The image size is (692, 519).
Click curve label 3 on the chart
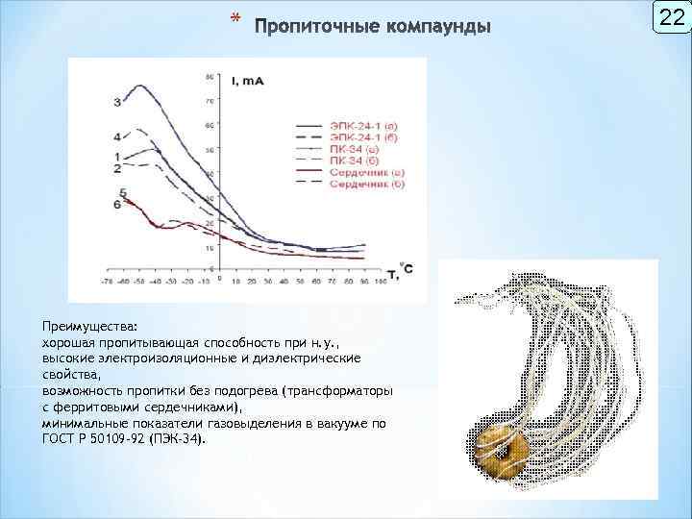[x=117, y=101]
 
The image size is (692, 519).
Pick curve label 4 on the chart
[x=117, y=137]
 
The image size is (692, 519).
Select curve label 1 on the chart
[x=117, y=156]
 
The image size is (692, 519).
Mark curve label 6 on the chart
[x=117, y=204]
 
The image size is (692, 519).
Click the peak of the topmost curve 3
[x=141, y=86]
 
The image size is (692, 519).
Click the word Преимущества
[x=89, y=326]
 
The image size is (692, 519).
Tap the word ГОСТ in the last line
[x=60, y=437]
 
